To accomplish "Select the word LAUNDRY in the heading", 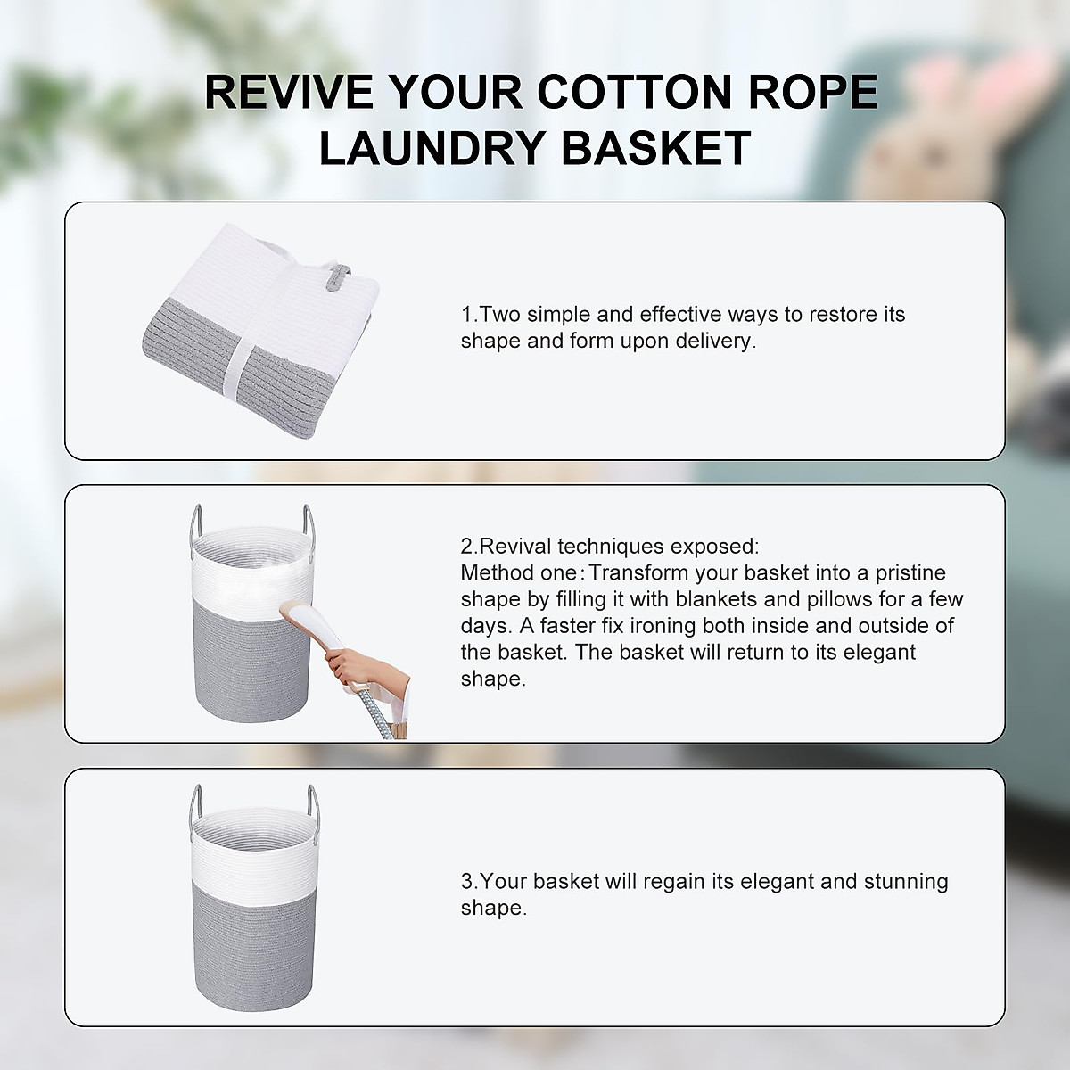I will coord(435,147).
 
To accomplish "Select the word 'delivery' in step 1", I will coord(712,342).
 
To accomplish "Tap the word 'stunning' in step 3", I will coord(906,882).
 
